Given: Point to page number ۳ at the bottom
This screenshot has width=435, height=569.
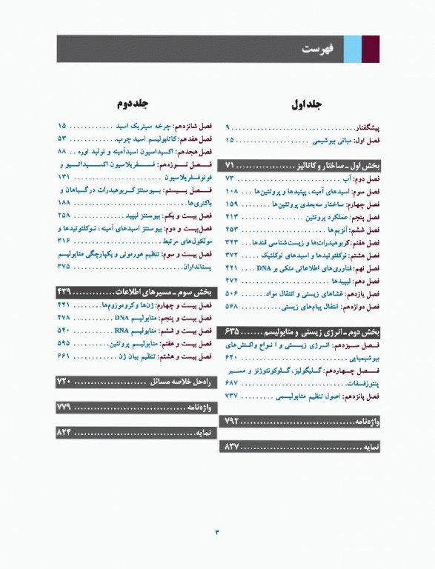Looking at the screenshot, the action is tap(217, 532).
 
